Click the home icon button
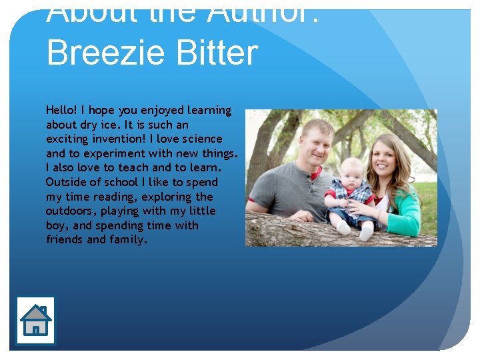(x=35, y=321)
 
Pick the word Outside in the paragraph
(x=65, y=182)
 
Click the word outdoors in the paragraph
(x=71, y=211)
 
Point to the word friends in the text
(x=65, y=240)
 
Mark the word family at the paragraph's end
(x=127, y=240)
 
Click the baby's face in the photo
(x=351, y=175)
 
